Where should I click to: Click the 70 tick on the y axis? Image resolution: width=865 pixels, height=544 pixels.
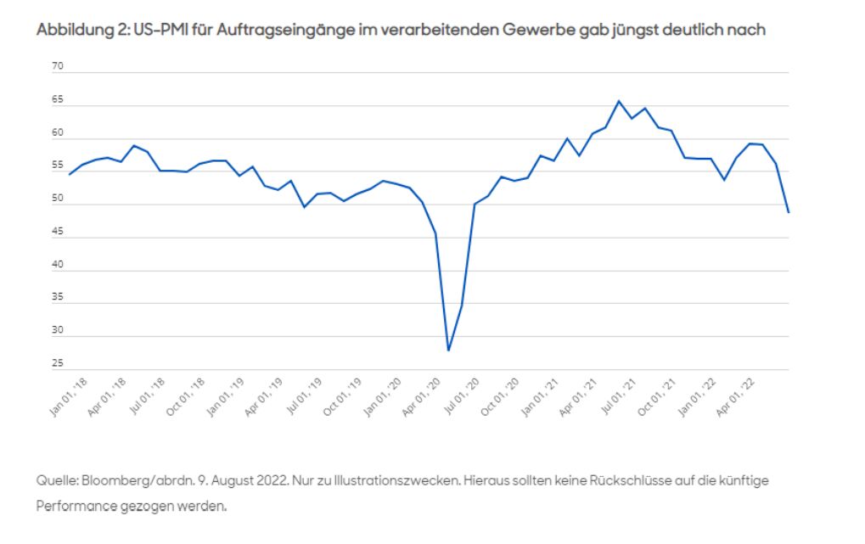[59, 66]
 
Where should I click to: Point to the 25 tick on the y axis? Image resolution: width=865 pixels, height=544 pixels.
[59, 364]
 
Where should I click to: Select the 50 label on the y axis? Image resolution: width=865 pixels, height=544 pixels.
[59, 199]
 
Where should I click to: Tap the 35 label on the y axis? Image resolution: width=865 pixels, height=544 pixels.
[59, 298]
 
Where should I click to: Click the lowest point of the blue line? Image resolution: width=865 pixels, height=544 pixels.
[448, 350]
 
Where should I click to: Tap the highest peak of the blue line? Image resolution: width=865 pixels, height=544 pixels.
[619, 101]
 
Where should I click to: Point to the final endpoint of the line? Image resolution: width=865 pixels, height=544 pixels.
[789, 212]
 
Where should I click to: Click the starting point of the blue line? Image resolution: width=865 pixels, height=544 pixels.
[69, 174]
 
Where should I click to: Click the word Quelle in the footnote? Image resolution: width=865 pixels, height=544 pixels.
[56, 480]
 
